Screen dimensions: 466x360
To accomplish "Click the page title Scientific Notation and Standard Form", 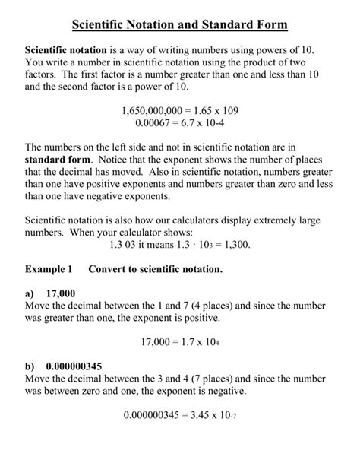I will point(180,25).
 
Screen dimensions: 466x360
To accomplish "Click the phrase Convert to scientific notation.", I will point(156,269).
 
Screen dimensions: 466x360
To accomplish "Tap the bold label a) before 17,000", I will point(30,293).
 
